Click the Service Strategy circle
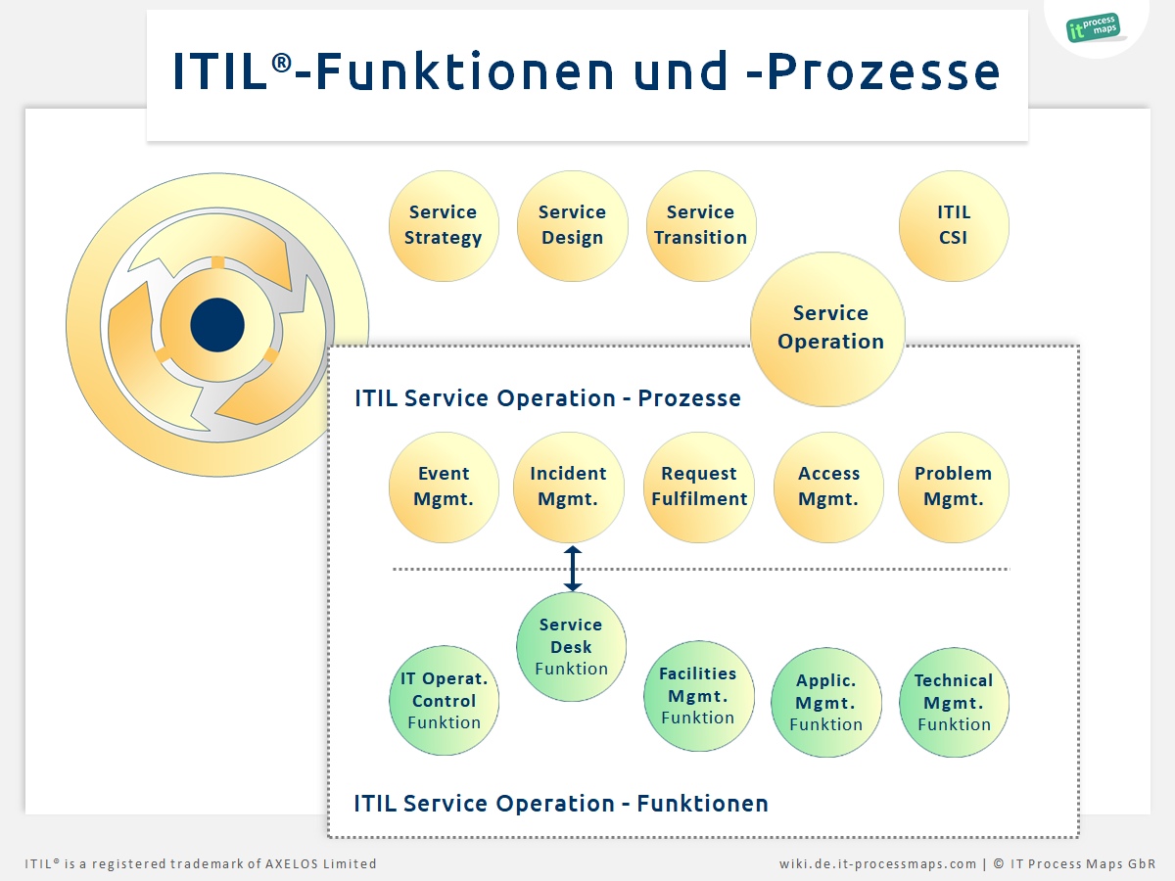(444, 226)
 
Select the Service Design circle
(572, 226)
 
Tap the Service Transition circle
(701, 226)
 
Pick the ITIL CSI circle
(954, 226)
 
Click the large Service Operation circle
(827, 329)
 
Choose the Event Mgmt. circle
(444, 487)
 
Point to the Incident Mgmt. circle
(569, 487)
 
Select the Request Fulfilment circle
(698, 487)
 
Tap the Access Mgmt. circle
(828, 487)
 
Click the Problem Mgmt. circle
(954, 487)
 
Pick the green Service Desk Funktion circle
(571, 646)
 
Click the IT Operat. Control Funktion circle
(444, 700)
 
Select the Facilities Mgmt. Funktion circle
(698, 695)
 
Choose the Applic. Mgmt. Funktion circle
(826, 702)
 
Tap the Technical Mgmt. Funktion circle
(954, 702)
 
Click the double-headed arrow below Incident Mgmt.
(572, 568)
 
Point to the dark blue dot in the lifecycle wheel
(217, 325)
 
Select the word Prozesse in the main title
(883, 71)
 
